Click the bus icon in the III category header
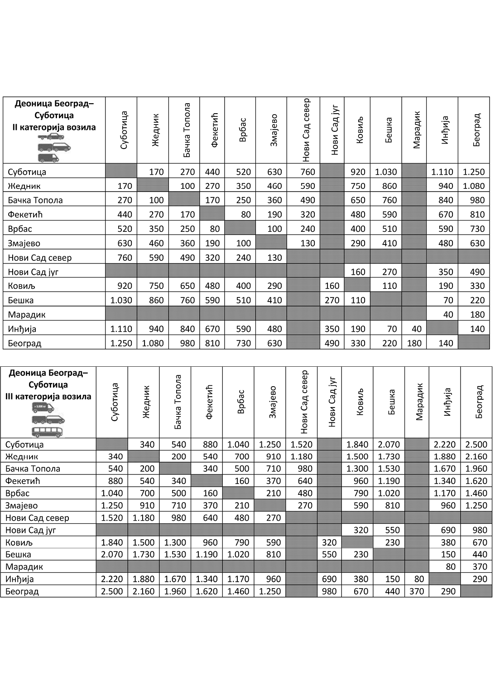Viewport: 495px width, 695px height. (47, 431)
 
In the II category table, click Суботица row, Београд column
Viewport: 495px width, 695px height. (474, 172)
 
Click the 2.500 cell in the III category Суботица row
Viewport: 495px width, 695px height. (476, 444)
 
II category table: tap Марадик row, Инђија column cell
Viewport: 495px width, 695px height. (442, 314)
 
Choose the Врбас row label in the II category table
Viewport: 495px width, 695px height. (20, 229)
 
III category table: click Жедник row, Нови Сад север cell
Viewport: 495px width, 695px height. (301, 456)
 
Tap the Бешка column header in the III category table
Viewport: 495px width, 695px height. (392, 402)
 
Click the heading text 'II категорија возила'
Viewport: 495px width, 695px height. (54, 127)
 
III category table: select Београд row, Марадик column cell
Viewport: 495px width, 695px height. (417, 591)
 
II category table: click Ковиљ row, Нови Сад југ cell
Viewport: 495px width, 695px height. (332, 286)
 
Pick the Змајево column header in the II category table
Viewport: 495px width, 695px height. (273, 129)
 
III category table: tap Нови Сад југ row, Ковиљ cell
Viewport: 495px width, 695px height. (357, 530)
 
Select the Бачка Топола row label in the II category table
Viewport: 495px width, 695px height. (35, 200)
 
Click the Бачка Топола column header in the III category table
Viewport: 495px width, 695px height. (178, 402)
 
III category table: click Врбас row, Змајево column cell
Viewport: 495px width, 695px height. (270, 493)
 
